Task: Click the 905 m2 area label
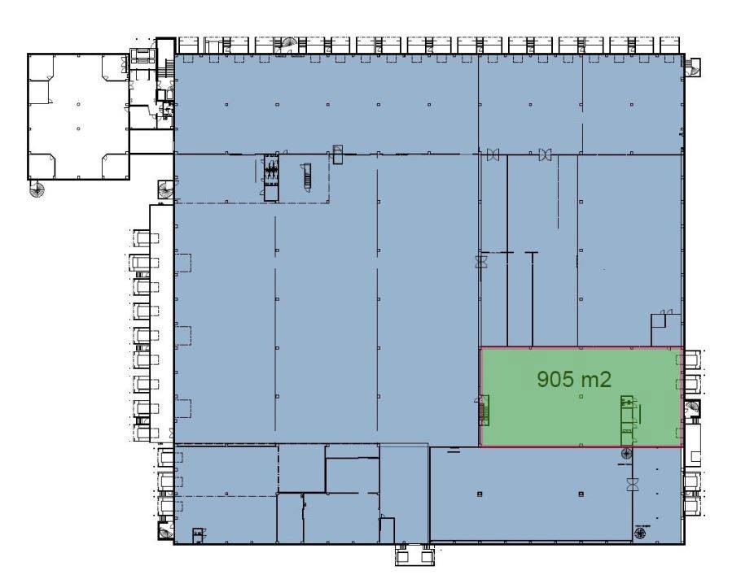(574, 379)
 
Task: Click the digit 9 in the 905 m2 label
(543, 379)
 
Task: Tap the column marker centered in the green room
(581, 396)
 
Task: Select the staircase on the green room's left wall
(482, 410)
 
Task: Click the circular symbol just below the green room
(626, 454)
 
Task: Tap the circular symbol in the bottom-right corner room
(640, 533)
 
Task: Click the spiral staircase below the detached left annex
(37, 189)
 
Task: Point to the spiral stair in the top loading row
(287, 46)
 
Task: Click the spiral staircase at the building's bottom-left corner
(165, 531)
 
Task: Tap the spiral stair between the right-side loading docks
(693, 409)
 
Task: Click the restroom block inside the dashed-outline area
(271, 178)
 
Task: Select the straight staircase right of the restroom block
(307, 177)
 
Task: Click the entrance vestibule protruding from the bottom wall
(414, 555)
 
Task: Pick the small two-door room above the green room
(666, 328)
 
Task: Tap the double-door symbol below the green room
(632, 484)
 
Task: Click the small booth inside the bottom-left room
(199, 536)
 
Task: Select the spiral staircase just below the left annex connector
(166, 191)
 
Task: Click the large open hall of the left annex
(78, 116)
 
